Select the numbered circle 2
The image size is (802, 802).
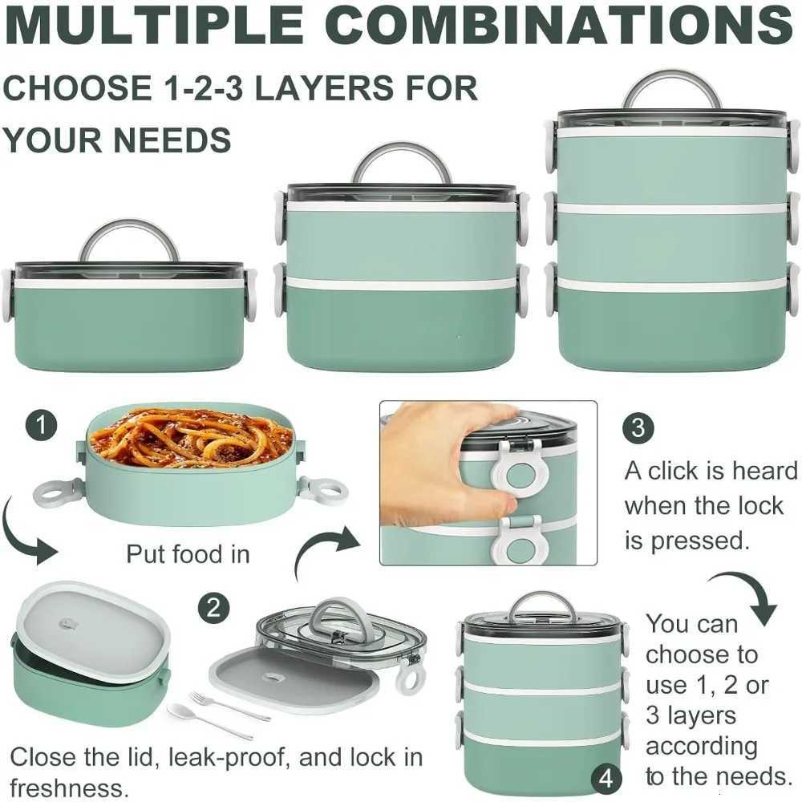(x=212, y=607)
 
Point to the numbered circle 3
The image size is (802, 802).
(x=638, y=427)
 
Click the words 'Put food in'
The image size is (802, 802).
(x=188, y=554)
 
